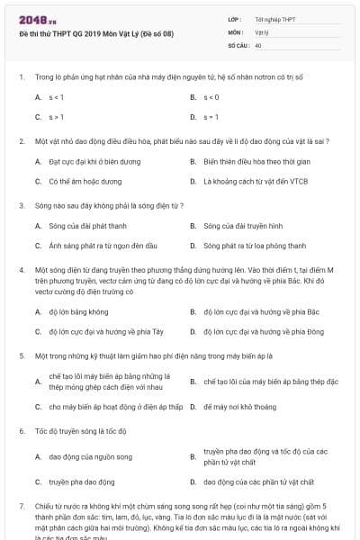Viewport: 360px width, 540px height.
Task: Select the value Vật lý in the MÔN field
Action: click(x=261, y=31)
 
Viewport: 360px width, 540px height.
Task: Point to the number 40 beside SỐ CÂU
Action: click(x=258, y=44)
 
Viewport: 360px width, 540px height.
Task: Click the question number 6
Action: click(x=21, y=431)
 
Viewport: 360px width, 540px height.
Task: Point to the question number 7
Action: click(x=21, y=507)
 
